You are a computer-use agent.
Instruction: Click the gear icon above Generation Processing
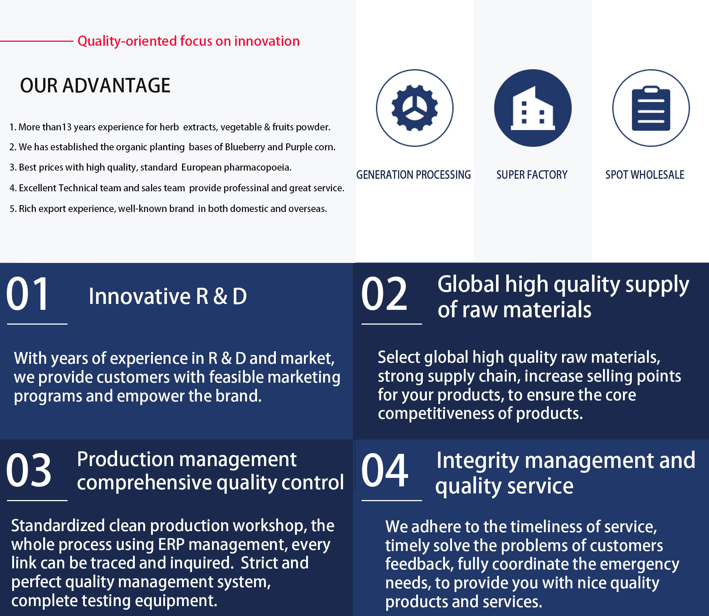[415, 108]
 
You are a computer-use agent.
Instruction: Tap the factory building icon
[532, 108]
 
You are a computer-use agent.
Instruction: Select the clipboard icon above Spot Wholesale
[651, 108]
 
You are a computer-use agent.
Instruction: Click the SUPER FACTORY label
[532, 175]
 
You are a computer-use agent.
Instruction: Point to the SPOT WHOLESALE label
[645, 175]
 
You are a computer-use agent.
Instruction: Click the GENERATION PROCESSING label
[414, 175]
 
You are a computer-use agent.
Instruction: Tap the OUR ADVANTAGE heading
[95, 86]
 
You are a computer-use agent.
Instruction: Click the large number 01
[28, 294]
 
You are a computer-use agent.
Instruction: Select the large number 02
[384, 294]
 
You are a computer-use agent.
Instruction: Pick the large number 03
[29, 470]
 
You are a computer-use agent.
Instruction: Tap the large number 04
[385, 470]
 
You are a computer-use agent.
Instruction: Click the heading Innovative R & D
[168, 296]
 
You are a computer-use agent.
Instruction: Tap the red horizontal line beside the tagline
[37, 41]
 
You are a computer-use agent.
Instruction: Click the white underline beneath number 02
[391, 324]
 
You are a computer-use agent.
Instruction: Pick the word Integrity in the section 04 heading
[477, 461]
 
